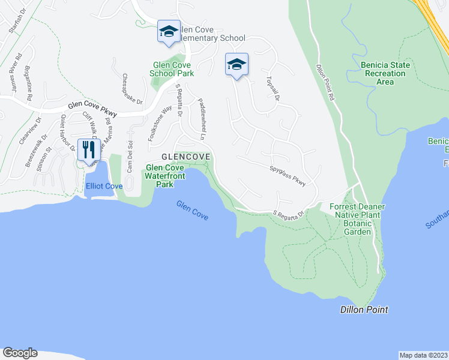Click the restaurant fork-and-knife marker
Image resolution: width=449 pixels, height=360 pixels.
tap(89, 150)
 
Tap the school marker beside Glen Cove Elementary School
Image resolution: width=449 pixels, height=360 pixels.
tap(168, 32)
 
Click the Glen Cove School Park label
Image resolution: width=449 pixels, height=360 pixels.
tap(171, 69)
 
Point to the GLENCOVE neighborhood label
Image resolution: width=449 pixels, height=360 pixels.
tap(186, 157)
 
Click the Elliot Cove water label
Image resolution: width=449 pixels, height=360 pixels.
tap(104, 187)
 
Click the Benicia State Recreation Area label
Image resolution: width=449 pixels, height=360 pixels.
tap(385, 73)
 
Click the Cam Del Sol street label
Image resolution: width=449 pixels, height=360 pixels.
tap(129, 155)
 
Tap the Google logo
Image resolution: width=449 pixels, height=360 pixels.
tap(20, 353)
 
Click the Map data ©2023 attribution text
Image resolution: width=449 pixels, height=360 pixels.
tap(423, 355)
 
